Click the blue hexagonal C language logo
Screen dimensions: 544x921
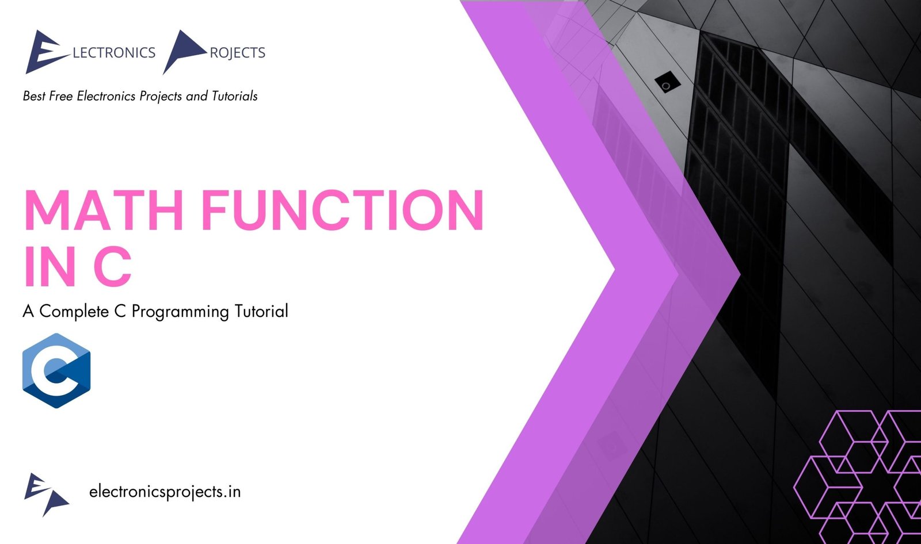[x=56, y=370]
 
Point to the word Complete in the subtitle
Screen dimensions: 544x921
[x=74, y=312]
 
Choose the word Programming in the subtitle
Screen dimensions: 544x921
[x=180, y=312]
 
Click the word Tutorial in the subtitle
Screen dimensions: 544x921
[x=261, y=312]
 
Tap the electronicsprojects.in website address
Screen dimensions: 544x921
[x=165, y=492]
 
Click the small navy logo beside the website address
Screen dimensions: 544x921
[x=45, y=494]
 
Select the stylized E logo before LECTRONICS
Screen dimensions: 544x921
[x=45, y=52]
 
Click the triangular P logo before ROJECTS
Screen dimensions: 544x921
[x=184, y=51]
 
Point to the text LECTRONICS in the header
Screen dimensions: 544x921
[x=114, y=53]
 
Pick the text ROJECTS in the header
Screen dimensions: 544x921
[x=237, y=53]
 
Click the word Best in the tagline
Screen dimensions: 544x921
[x=34, y=96]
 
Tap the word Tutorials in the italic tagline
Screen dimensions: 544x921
[x=234, y=96]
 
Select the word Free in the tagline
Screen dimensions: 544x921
[x=61, y=96]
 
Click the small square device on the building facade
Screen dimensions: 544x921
[x=667, y=83]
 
